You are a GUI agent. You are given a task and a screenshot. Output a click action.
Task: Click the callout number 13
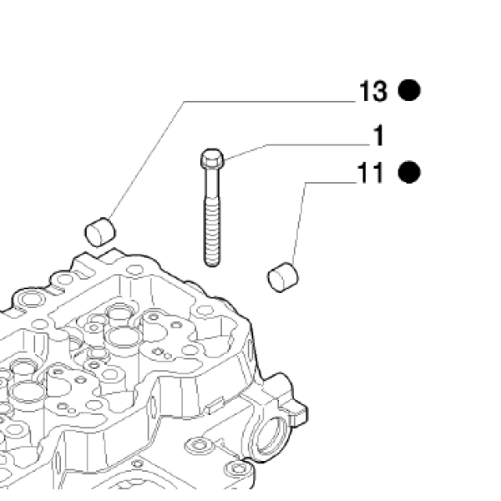tap(373, 91)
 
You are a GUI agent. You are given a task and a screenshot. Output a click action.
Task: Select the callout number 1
tap(378, 136)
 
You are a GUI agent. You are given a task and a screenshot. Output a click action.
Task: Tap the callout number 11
tap(370, 173)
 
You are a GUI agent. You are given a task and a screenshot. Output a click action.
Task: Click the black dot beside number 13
tap(409, 90)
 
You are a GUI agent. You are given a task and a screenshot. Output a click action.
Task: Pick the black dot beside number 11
tap(409, 172)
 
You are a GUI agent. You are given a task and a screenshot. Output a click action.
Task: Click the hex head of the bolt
tap(212, 159)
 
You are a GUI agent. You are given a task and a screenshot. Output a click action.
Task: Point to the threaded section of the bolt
tap(212, 230)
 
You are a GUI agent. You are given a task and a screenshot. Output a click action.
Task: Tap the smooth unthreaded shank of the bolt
tap(212, 184)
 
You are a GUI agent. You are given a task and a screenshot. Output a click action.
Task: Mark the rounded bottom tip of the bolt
tap(212, 264)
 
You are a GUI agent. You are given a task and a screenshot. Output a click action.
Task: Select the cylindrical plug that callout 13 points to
tap(100, 232)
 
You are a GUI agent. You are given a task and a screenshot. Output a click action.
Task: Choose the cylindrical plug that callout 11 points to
tap(283, 277)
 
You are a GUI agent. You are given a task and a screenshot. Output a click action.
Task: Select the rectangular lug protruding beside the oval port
tap(296, 412)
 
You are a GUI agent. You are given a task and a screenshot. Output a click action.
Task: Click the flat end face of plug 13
tap(93, 235)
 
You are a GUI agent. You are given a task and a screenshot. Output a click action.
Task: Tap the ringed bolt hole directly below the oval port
tap(237, 469)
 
